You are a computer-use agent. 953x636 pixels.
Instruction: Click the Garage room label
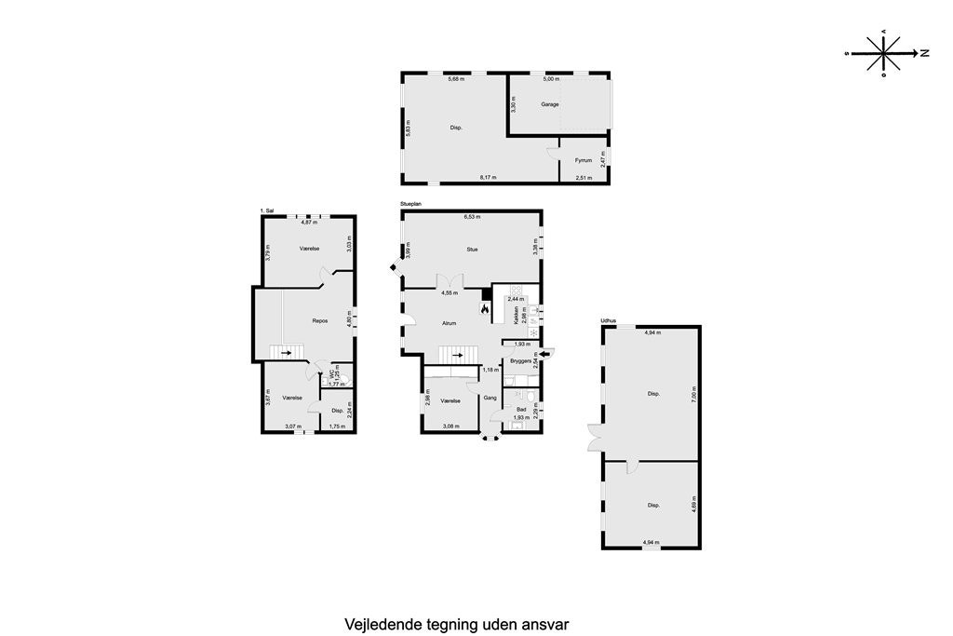550,104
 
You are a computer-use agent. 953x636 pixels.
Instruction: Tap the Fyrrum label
584,160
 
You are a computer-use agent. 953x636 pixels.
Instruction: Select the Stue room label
472,249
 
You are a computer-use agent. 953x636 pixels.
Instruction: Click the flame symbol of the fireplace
484,307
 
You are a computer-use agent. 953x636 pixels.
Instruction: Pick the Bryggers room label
520,359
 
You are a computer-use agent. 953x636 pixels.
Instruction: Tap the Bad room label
522,409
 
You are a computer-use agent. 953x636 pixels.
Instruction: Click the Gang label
490,398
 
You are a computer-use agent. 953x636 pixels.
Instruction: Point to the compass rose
883,53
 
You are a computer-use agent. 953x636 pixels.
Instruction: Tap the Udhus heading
609,321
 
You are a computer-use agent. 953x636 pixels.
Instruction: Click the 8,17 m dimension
488,177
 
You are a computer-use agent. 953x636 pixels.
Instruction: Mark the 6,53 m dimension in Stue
471,217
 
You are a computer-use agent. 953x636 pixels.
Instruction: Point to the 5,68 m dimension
455,79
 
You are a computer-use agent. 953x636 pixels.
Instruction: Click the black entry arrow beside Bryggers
545,353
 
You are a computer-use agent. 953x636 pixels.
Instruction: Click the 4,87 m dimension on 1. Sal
309,223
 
